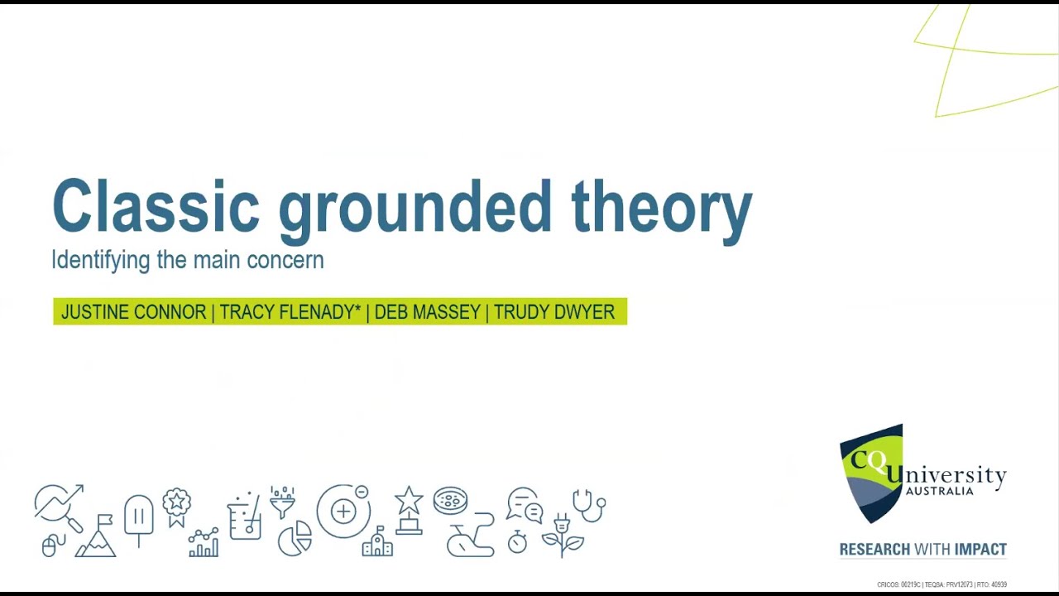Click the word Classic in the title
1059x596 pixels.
tap(156, 205)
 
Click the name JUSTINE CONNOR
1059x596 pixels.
tap(133, 312)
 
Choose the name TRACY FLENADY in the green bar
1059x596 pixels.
tap(290, 312)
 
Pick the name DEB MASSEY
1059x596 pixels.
tap(427, 312)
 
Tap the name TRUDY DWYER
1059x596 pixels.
tap(554, 312)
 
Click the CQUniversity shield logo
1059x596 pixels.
tap(871, 473)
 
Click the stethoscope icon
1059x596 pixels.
tap(588, 505)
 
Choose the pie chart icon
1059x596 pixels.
tap(295, 538)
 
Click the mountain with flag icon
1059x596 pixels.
tap(96, 536)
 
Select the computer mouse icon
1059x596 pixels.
tap(49, 546)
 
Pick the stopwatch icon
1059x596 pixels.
tap(517, 541)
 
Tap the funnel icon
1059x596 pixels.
tap(282, 502)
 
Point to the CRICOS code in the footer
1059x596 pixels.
tap(898, 585)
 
